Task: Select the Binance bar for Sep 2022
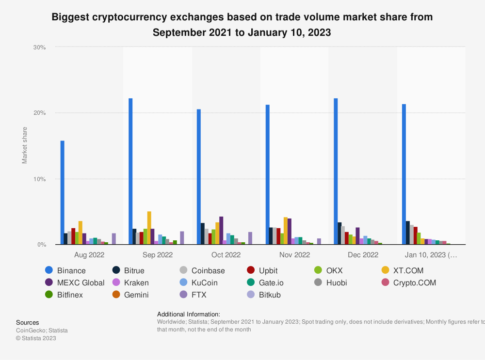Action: [x=130, y=172]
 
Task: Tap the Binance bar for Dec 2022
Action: [x=336, y=172]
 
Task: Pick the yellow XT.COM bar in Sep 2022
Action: [x=149, y=228]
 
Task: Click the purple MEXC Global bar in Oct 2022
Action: [x=221, y=231]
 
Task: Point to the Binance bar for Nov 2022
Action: [x=267, y=174]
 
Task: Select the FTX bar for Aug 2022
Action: [x=114, y=239]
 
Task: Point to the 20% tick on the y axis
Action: [x=39, y=113]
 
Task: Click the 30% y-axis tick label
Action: [x=39, y=47]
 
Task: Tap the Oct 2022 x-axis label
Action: [x=226, y=254]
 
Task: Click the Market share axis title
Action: [x=25, y=145]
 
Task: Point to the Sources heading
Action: [x=28, y=322]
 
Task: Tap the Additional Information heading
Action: [x=189, y=314]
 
